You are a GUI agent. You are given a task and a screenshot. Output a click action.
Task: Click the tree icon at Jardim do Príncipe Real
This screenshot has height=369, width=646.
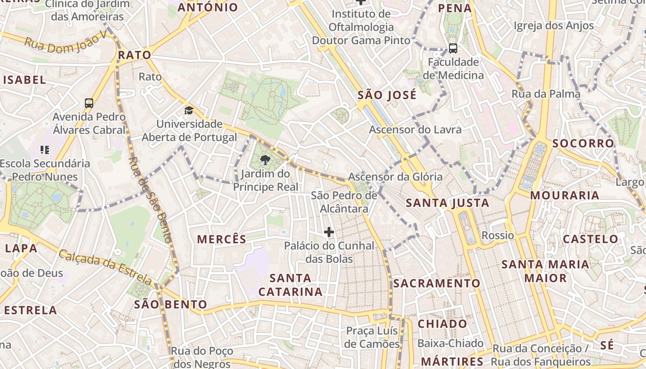[265, 161]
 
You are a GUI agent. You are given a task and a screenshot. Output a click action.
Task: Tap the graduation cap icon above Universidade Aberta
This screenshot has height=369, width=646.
[189, 110]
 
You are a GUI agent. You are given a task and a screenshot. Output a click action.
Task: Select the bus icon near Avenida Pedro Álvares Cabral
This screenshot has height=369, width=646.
[89, 103]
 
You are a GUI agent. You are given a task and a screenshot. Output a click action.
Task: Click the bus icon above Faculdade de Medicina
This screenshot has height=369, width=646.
[453, 48]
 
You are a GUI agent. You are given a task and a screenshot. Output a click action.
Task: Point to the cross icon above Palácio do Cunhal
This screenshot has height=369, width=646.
[329, 232]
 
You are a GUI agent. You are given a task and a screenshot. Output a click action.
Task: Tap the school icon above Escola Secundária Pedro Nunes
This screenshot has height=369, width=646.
[45, 149]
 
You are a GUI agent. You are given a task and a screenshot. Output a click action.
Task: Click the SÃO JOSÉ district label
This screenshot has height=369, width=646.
[387, 95]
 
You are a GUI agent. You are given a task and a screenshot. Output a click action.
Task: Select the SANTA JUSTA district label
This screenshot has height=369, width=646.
[447, 202]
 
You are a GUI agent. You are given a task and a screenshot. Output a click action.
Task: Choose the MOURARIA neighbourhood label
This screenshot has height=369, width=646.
[564, 195]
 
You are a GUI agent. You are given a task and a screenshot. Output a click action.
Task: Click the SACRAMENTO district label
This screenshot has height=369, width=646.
[437, 283]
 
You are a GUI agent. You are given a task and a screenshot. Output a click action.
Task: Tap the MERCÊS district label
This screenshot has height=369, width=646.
[221, 239]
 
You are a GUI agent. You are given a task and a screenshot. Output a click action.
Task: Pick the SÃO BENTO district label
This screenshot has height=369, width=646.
[170, 304]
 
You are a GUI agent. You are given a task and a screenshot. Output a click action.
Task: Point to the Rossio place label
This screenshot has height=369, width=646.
[497, 235]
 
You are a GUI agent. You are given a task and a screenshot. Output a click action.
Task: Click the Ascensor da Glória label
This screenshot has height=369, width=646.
[395, 177]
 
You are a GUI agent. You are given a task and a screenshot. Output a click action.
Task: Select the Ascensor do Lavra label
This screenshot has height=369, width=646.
[415, 130]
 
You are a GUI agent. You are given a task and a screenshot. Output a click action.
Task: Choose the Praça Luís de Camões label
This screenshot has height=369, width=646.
[372, 337]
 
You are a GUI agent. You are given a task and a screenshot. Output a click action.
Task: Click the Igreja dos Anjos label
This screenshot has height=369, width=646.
[553, 25]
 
